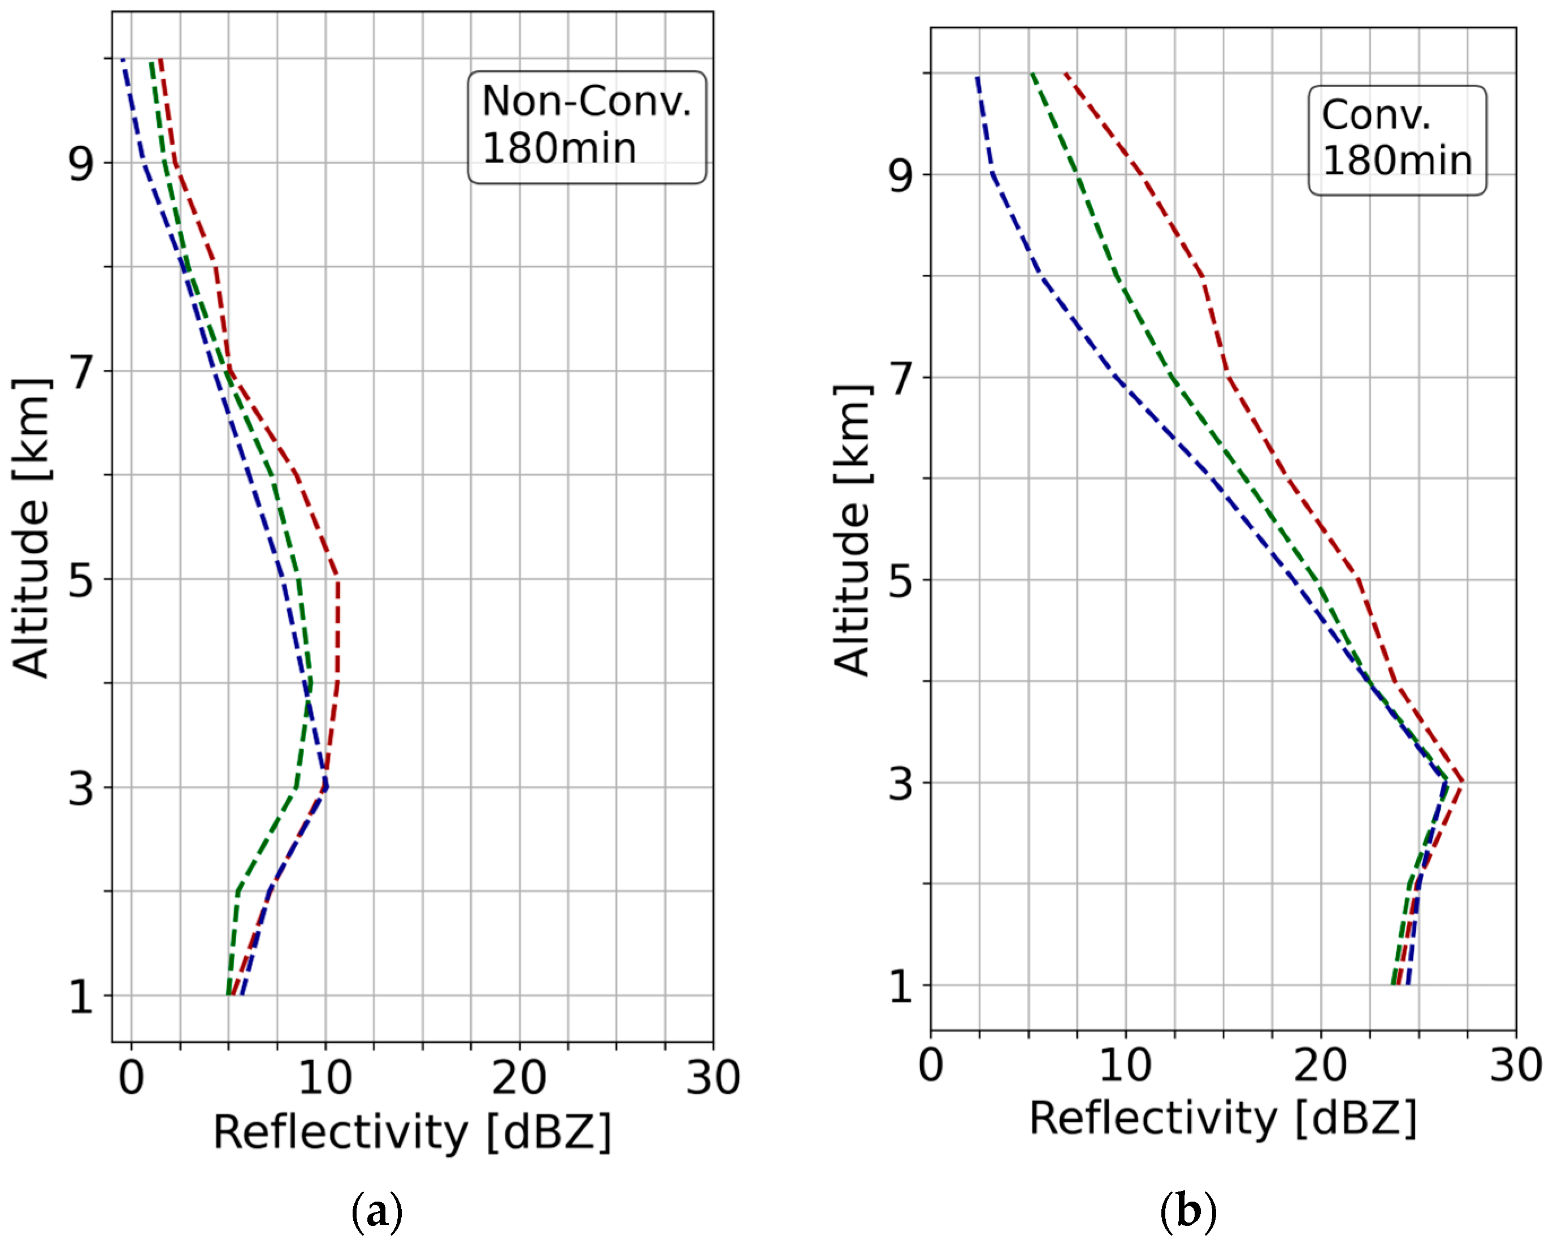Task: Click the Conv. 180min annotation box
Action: point(1396,140)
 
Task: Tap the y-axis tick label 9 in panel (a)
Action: point(81,164)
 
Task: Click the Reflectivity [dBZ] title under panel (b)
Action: point(1223,1119)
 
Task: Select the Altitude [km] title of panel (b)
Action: point(853,530)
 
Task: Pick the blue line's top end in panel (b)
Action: point(977,76)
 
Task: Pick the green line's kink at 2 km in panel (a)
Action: point(238,891)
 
